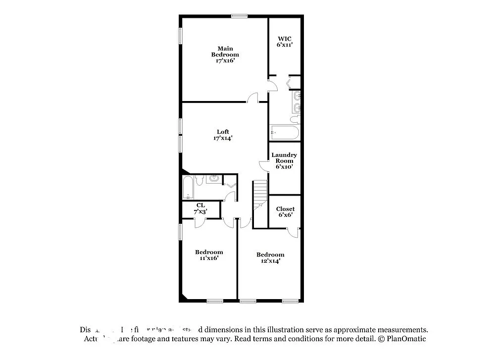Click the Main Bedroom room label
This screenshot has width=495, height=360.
click(x=225, y=54)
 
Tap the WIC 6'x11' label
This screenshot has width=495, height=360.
click(x=284, y=41)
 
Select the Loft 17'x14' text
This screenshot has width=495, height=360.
click(x=223, y=135)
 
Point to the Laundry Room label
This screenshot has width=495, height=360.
click(x=284, y=161)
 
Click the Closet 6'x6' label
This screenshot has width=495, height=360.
click(x=285, y=211)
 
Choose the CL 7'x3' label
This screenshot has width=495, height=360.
click(x=200, y=208)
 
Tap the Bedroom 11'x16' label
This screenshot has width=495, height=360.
click(x=208, y=255)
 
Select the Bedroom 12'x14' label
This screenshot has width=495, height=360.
click(x=270, y=257)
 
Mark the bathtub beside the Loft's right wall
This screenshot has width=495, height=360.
click(x=285, y=133)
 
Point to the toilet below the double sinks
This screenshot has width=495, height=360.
click(x=295, y=119)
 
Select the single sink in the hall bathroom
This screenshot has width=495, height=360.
click(x=214, y=178)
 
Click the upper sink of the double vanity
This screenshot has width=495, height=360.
click(x=297, y=95)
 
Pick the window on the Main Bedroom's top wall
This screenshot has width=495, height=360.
click(x=240, y=16)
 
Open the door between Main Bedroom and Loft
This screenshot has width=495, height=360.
click(x=253, y=98)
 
